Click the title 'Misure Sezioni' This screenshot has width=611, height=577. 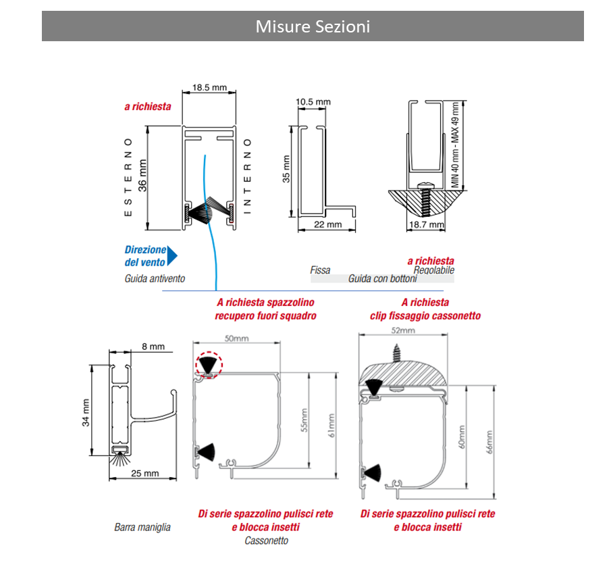[313, 26]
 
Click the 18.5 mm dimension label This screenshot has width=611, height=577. [209, 88]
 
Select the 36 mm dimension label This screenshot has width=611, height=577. [142, 176]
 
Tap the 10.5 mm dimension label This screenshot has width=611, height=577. [313, 101]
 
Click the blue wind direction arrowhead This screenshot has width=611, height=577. [171, 255]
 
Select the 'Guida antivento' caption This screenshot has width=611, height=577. [155, 278]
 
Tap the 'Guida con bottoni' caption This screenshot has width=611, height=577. [383, 278]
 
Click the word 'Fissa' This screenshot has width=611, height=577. [320, 270]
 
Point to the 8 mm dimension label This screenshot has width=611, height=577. [153, 347]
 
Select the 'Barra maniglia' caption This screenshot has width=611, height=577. [142, 527]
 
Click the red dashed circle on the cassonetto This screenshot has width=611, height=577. [208, 365]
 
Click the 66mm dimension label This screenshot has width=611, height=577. [489, 442]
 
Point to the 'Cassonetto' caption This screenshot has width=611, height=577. [266, 541]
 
